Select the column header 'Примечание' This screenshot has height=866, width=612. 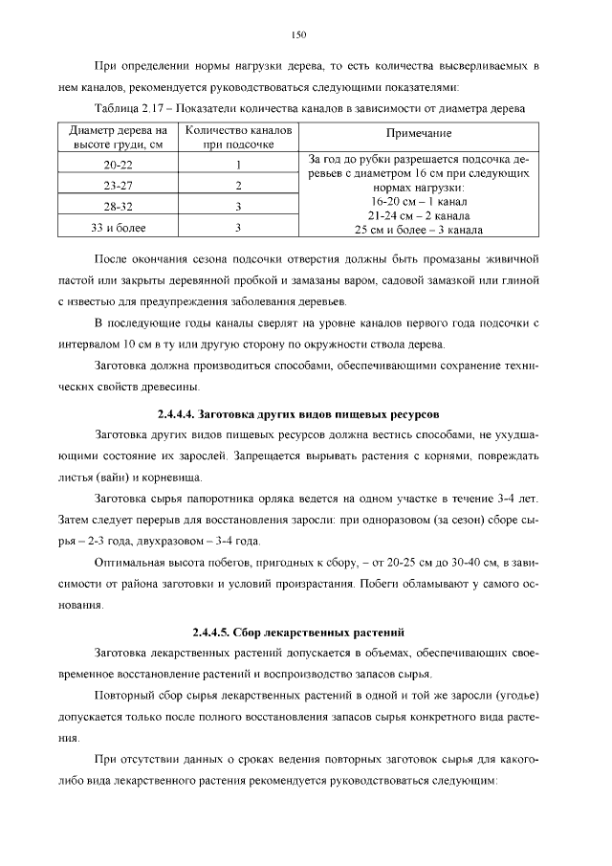419,134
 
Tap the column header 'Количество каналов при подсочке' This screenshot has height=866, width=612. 238,135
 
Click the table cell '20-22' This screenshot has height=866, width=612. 118,164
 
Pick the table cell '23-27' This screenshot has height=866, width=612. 118,185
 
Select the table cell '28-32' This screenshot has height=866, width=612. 118,206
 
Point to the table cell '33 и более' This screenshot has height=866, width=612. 118,227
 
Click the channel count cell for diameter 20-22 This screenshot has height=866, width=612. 237,164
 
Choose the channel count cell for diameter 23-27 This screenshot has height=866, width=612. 237,185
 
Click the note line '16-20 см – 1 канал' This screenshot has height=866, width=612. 418,203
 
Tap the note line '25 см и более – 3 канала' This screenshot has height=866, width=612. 418,230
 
